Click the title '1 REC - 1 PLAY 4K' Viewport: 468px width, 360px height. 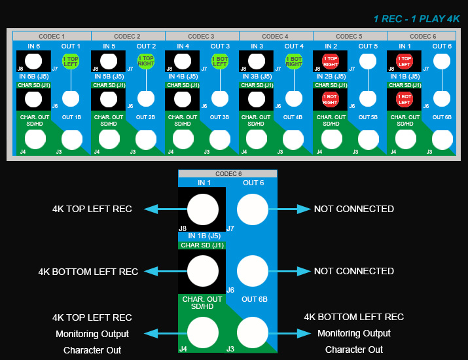[x=417, y=19]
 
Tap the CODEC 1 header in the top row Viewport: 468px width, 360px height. [x=52, y=36]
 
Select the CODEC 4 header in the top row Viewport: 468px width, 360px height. [x=275, y=36]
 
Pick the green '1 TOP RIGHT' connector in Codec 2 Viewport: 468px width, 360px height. [x=145, y=62]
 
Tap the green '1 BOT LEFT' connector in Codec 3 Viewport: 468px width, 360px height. [x=219, y=62]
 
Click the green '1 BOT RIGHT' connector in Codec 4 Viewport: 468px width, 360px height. [x=294, y=62]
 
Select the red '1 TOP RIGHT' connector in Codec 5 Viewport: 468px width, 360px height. [x=331, y=62]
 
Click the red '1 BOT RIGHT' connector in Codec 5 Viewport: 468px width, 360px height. [x=331, y=99]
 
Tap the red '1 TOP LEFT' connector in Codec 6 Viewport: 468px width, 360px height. [x=405, y=62]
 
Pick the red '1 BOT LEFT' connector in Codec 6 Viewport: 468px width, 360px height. [x=405, y=99]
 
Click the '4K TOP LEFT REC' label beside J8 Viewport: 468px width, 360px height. [x=92, y=209]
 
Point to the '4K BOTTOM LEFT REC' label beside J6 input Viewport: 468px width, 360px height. [x=88, y=271]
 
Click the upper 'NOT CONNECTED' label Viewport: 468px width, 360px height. [x=354, y=209]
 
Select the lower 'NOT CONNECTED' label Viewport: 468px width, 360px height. [x=354, y=271]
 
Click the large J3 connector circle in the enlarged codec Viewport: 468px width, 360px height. [x=253, y=332]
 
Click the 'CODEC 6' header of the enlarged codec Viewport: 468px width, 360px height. [x=228, y=173]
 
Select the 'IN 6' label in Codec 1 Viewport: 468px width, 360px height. [x=34, y=46]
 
